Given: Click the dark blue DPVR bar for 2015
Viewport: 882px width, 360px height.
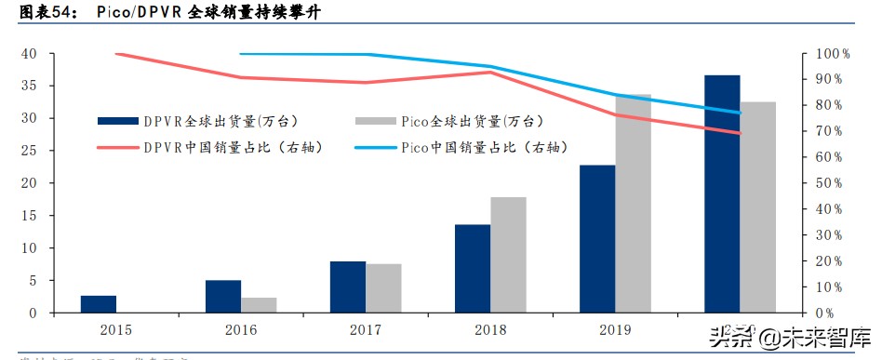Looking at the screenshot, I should coord(98,304).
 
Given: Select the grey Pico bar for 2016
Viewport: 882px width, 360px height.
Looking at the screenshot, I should coord(259,305).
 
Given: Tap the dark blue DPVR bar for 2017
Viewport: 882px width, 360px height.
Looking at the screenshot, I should coord(348,287).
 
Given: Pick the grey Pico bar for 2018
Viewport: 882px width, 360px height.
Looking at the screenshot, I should coord(508,255).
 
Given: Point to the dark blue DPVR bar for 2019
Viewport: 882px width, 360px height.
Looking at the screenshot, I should coord(597,239).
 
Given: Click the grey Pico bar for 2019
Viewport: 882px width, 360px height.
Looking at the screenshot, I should coord(634,204).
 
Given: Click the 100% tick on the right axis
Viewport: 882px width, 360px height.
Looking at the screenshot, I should coord(834,54).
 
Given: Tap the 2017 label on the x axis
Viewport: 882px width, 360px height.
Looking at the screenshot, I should coord(366,329).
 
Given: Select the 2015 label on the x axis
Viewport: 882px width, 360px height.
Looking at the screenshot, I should coord(115,329).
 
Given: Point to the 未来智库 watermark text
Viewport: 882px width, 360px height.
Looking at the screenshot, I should coord(818,337).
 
